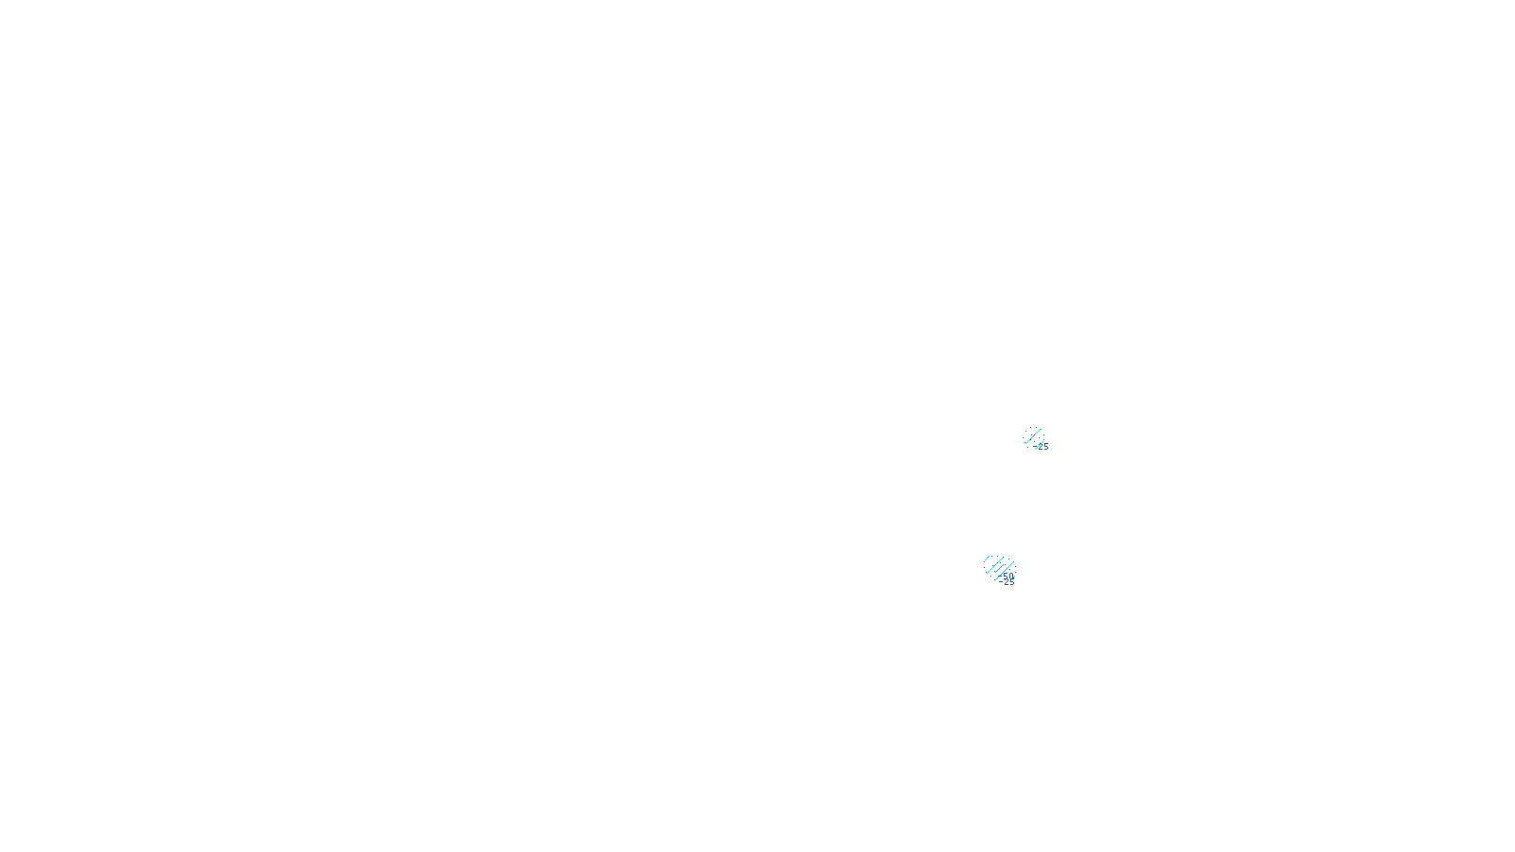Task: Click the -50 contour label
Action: click(x=1007, y=577)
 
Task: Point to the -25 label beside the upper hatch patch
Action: click(x=1043, y=447)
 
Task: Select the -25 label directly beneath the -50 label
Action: click(x=1007, y=582)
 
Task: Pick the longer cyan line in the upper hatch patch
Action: click(x=1033, y=436)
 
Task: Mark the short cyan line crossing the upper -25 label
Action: click(x=1039, y=445)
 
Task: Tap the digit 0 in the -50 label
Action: click(x=1011, y=577)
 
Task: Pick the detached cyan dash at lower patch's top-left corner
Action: click(x=987, y=558)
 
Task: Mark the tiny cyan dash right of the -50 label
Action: click(x=1014, y=576)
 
